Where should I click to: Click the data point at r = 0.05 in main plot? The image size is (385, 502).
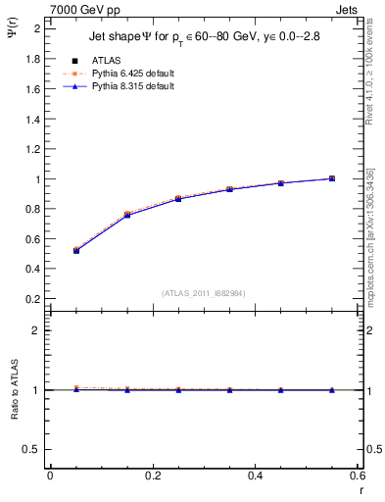coord(75,250)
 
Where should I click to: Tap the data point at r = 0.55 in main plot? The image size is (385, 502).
coord(332,178)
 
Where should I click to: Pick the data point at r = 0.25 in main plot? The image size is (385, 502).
coord(178,199)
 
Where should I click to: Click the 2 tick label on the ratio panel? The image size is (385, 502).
coord(37,330)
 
